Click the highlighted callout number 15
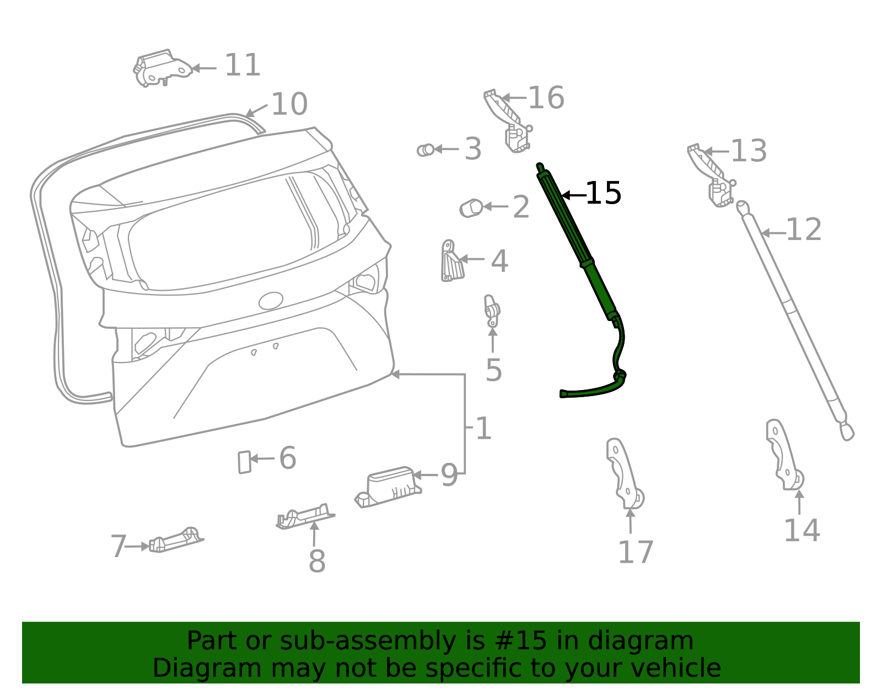pos(603,194)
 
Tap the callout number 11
pos(243,66)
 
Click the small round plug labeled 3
pos(425,149)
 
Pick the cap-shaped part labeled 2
pos(471,208)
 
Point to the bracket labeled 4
pos(451,261)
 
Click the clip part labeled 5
pos(492,312)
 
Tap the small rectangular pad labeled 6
pos(244,462)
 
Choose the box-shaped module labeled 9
pos(388,485)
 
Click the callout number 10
pos(289,104)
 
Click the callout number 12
pos(804,229)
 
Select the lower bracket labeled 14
pos(783,455)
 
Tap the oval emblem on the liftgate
pos(271,301)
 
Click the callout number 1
pos(483,429)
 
